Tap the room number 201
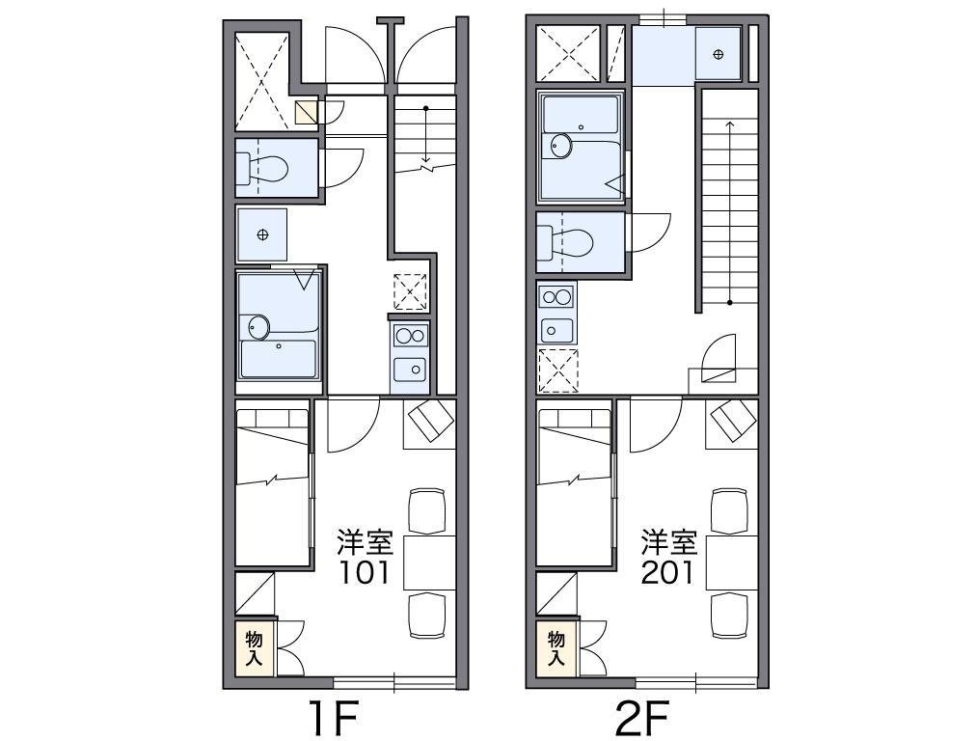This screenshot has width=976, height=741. coord(667,573)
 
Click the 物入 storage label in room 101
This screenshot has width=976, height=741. coord(254,648)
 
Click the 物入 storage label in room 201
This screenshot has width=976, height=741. coord(556,648)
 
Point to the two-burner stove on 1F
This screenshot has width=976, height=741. coord(410,336)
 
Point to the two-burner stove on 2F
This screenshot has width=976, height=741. coord(556,296)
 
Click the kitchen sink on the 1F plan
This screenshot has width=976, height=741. coord(410,370)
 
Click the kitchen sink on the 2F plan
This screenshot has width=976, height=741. coord(556,330)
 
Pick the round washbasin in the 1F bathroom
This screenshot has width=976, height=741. coord(258,326)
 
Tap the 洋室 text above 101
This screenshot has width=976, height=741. coord(365,542)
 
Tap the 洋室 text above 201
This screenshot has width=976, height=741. coord(669,542)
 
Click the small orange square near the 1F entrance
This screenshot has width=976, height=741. coord(307,112)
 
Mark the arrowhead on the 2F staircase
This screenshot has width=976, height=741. coord(729,123)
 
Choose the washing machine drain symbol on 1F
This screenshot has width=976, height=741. coord(262,234)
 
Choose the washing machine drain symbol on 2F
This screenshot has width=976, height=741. coord(718,55)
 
